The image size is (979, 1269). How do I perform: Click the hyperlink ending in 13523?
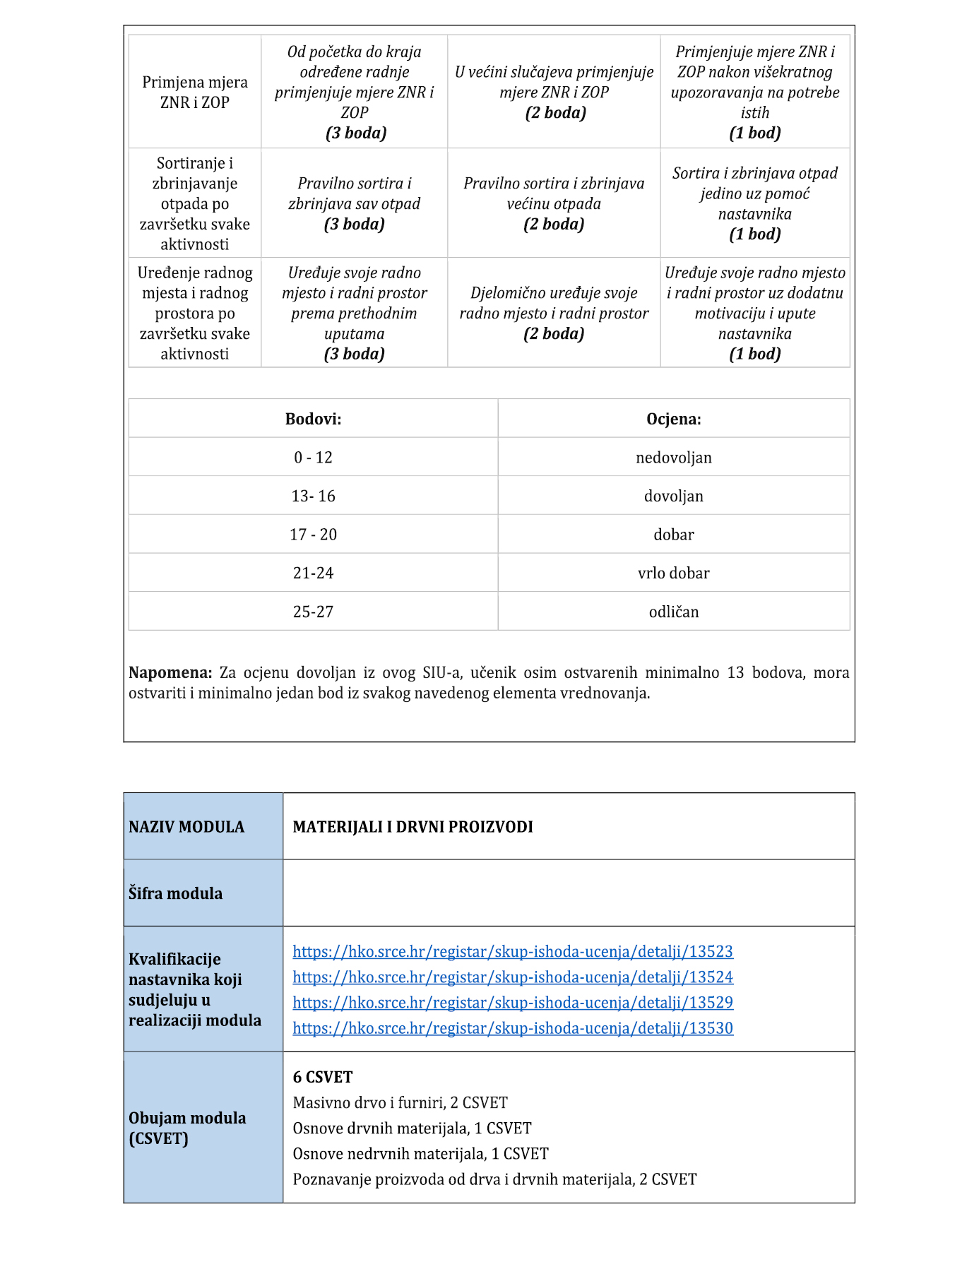pos(513,951)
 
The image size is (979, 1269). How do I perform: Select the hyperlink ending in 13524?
pos(513,977)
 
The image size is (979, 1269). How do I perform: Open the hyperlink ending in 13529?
pos(513,1002)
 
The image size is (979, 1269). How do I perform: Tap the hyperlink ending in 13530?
pos(513,1027)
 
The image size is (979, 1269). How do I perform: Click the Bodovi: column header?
pos(313,419)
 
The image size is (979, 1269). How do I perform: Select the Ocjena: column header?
pos(673,419)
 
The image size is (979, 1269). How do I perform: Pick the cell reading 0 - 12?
pos(313,458)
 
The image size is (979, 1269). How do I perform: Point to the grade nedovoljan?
pos(673,458)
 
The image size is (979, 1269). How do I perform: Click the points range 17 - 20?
pos(313,535)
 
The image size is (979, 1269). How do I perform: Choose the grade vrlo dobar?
pos(673,573)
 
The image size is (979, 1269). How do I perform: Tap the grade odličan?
pos(673,612)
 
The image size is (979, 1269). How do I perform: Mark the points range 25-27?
pos(313,612)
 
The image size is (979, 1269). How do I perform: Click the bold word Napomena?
pos(170,672)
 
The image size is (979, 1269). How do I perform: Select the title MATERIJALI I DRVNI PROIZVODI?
pos(413,826)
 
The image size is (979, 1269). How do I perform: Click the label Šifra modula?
pos(175,893)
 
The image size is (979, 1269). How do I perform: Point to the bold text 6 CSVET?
pos(322,1077)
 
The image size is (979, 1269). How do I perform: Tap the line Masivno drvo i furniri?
pos(400,1102)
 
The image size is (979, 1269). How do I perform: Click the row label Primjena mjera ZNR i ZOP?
pos(194,92)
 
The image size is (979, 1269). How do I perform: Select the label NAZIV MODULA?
pos(186,826)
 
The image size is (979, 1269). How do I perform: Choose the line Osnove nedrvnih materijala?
pos(420,1153)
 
